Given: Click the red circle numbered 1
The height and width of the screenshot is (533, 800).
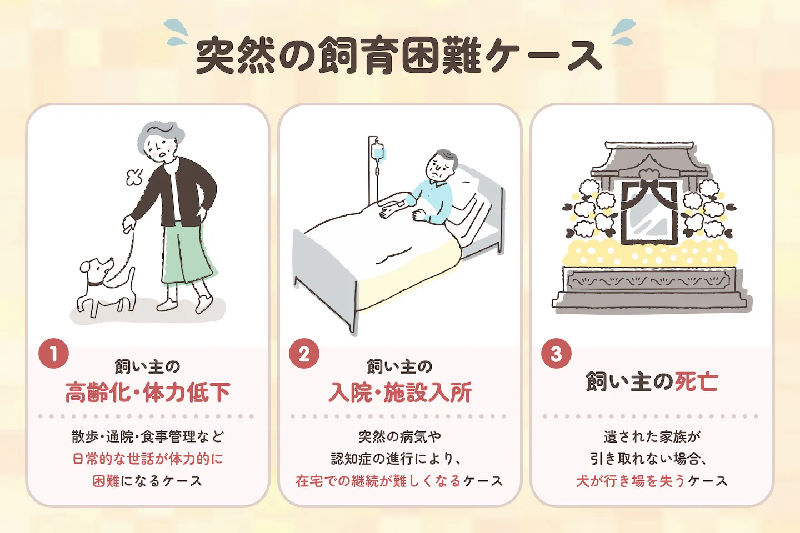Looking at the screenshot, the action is [53, 354].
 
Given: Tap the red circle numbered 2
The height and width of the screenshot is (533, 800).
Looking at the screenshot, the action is [304, 354].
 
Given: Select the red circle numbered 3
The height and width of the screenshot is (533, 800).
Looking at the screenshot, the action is [556, 354].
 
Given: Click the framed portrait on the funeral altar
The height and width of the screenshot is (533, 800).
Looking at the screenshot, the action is [649, 212].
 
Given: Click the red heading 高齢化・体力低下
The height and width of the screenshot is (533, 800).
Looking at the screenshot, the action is [148, 392].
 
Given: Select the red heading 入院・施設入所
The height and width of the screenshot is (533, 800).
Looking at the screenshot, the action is [400, 392].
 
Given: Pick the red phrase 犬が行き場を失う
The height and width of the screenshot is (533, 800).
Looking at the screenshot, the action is [631, 481].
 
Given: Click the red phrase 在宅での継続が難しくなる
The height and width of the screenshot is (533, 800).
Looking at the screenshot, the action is [378, 481].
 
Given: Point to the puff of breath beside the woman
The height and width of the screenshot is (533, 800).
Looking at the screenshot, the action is [134, 177].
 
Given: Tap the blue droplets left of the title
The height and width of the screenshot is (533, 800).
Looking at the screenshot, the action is [176, 32].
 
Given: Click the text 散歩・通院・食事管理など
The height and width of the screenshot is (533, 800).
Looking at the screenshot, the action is [148, 436].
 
